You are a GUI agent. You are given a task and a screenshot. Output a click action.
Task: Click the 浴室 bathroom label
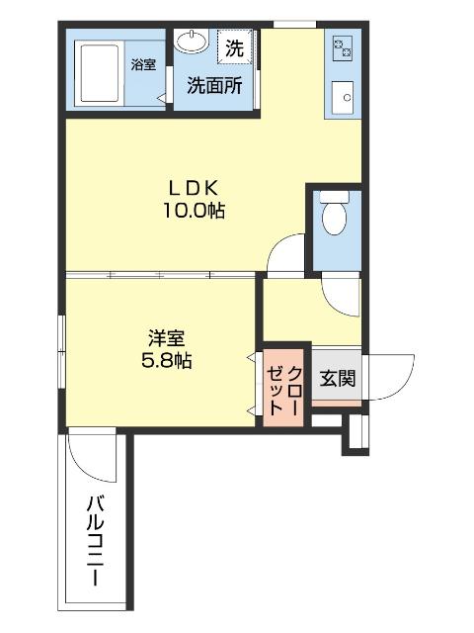(143, 65)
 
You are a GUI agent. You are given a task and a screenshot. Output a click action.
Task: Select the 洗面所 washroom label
(214, 86)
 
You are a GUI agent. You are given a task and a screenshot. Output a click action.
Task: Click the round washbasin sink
(192, 43)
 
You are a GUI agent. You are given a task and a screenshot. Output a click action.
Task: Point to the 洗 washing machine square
(233, 45)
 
